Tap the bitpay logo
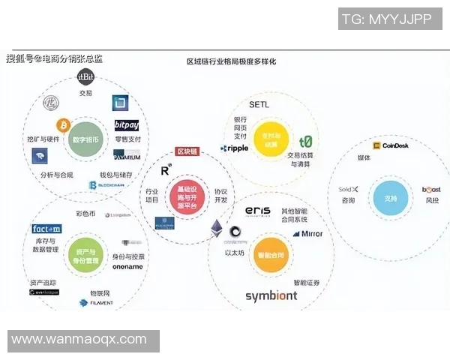pos(126,124)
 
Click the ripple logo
pos(234,148)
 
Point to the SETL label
pos(258,104)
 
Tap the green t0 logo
pos(305,142)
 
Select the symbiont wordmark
pos(271,295)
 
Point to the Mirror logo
pos(307,233)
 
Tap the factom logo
pos(46,229)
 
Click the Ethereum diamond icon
pos(217,228)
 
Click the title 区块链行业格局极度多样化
pos(232,63)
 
